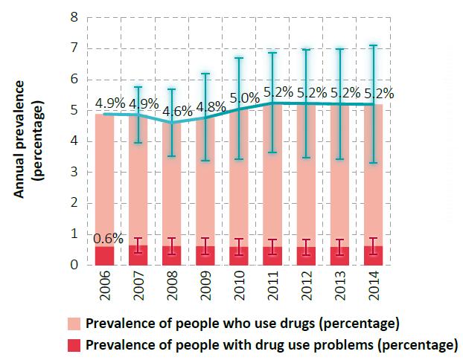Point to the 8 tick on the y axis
pyautogui.click(x=74, y=17)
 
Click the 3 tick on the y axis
pyautogui.click(x=74, y=172)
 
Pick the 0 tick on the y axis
pyautogui.click(x=74, y=265)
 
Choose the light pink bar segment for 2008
pyautogui.click(x=173, y=186)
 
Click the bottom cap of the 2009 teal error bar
pyautogui.click(x=207, y=161)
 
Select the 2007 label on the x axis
pyautogui.click(x=138, y=286)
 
